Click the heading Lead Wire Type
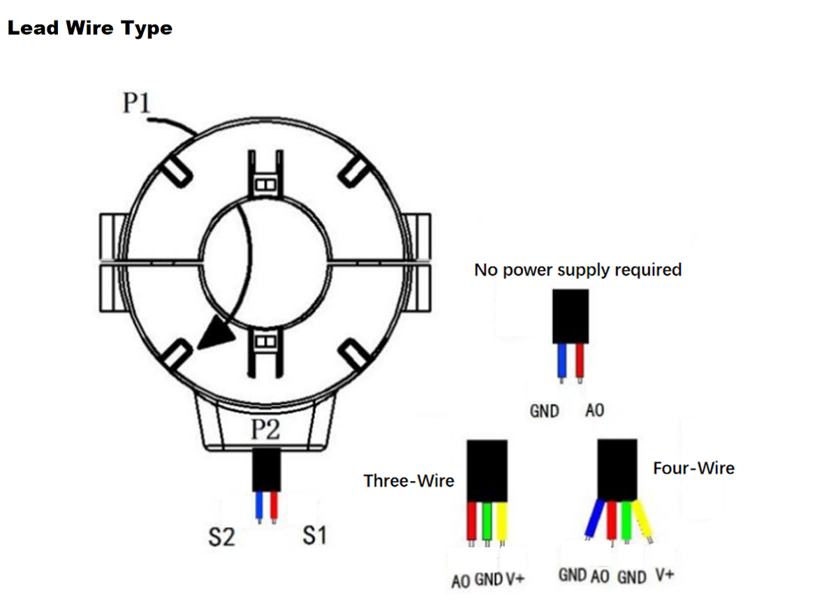coord(89,29)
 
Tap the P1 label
coord(137,104)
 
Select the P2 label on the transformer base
coord(265,430)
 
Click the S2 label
coord(221,537)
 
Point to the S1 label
coord(314,536)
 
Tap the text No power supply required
coord(578,269)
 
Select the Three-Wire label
coord(409,480)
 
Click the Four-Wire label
coord(693,468)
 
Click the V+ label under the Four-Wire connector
coord(665,576)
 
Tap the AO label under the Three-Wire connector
coord(460,581)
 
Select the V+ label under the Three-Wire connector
coord(515,580)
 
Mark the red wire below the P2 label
coord(273,504)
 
